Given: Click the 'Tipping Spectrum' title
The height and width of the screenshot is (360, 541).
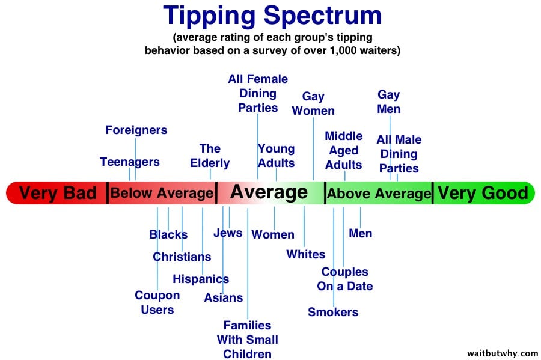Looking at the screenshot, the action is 272,16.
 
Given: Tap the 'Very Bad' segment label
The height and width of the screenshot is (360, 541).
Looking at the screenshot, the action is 58,193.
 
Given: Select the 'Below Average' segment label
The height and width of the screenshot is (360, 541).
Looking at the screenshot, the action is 162,193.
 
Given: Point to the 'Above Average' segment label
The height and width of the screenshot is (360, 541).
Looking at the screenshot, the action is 379,194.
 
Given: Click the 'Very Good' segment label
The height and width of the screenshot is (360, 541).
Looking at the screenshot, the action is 483,193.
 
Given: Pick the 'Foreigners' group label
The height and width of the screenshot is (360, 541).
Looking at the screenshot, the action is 136,130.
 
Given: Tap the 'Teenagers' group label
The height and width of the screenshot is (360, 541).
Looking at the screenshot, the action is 130,162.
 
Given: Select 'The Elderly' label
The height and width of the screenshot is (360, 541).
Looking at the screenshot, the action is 210,156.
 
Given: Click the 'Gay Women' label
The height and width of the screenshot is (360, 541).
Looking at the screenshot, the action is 313,103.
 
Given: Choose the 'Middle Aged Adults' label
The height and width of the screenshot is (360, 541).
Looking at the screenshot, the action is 344,150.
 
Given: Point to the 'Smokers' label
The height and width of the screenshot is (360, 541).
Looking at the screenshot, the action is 333,312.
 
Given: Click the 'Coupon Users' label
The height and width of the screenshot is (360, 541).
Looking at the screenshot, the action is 157,302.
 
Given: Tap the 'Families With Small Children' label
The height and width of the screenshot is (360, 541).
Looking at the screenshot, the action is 248,340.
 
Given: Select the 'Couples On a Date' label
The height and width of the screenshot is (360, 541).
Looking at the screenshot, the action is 344,279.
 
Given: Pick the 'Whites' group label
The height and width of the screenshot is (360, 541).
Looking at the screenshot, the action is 306,254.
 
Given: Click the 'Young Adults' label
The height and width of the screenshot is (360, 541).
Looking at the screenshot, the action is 277,156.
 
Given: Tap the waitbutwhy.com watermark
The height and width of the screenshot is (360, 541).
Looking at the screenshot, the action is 503,353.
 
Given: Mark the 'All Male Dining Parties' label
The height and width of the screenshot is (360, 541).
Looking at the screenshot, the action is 399,154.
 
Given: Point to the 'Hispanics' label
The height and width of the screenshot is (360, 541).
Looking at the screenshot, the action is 201,279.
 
